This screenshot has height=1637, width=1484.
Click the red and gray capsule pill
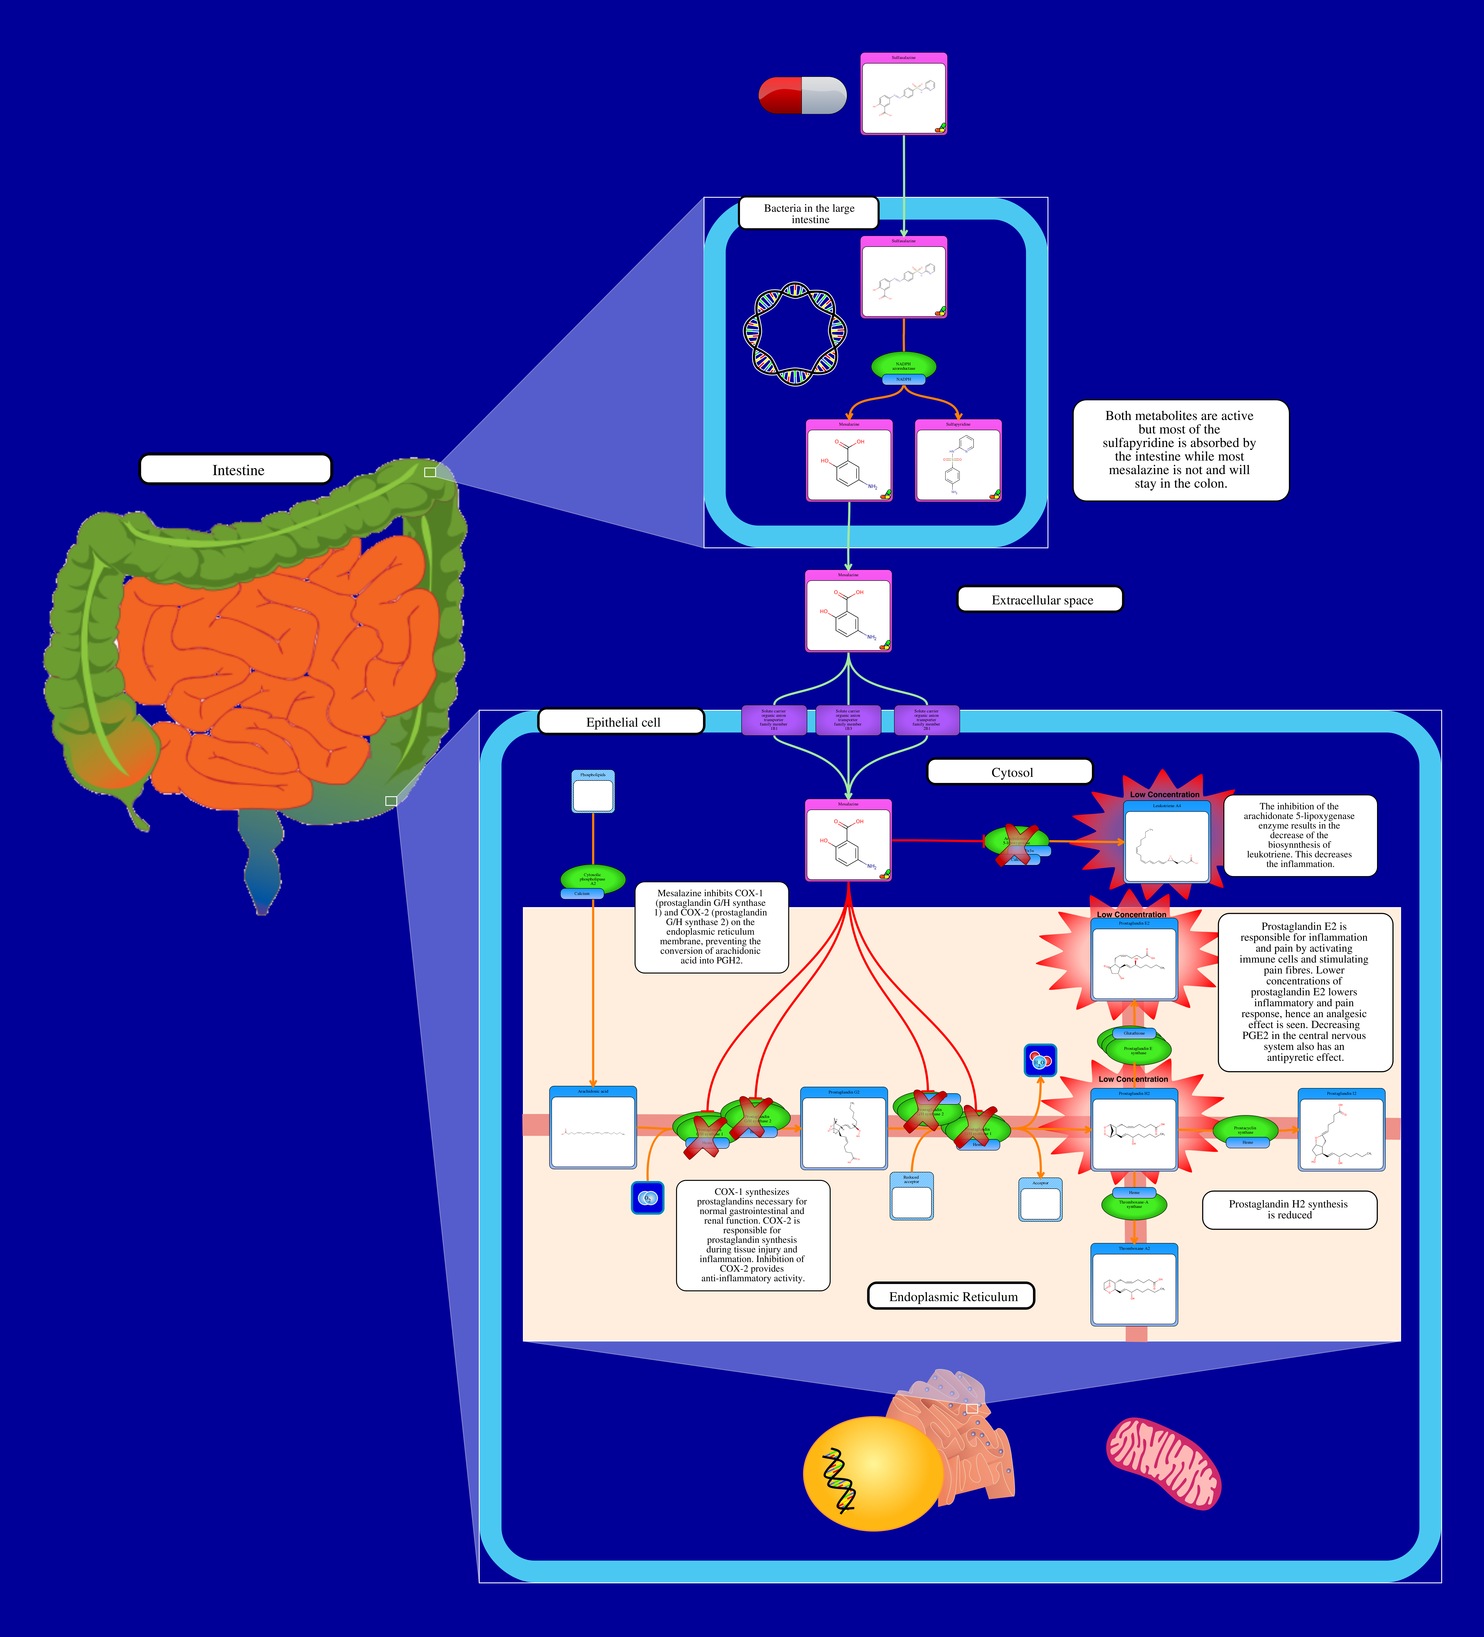click(802, 96)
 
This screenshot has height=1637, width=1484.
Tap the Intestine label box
click(235, 469)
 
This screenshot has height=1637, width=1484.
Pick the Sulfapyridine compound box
click(958, 460)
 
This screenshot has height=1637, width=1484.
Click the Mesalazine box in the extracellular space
click(848, 611)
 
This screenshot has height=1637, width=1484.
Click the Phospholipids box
click(593, 792)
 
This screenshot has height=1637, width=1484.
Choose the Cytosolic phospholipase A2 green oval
click(593, 879)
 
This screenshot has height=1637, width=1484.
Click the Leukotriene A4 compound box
click(1167, 842)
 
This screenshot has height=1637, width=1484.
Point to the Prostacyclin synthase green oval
click(1245, 1129)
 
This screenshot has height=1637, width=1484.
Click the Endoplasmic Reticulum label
click(952, 1296)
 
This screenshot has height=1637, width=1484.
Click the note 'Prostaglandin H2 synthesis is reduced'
click(1288, 1209)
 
